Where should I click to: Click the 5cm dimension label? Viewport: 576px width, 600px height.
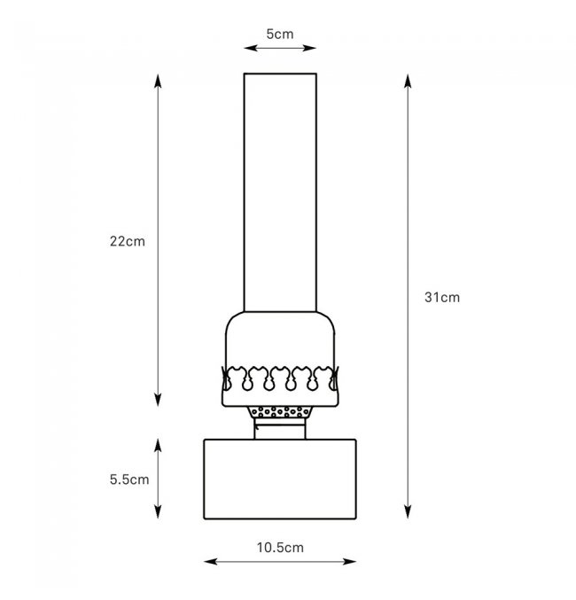[x=280, y=34]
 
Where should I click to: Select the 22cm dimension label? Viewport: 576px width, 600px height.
[x=128, y=241]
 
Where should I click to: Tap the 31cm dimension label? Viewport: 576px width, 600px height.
[x=442, y=297]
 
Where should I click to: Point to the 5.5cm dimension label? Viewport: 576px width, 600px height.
[x=129, y=479]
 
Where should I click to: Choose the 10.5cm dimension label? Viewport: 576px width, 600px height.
[x=280, y=548]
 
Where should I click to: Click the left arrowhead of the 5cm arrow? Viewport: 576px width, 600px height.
[x=250, y=48]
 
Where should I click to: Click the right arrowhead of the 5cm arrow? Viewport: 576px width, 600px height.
[x=309, y=48]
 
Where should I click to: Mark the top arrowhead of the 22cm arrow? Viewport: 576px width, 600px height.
[x=158, y=81]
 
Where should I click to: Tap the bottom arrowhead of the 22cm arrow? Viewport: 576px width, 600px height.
[x=158, y=399]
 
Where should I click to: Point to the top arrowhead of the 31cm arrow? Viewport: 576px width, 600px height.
[x=408, y=82]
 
